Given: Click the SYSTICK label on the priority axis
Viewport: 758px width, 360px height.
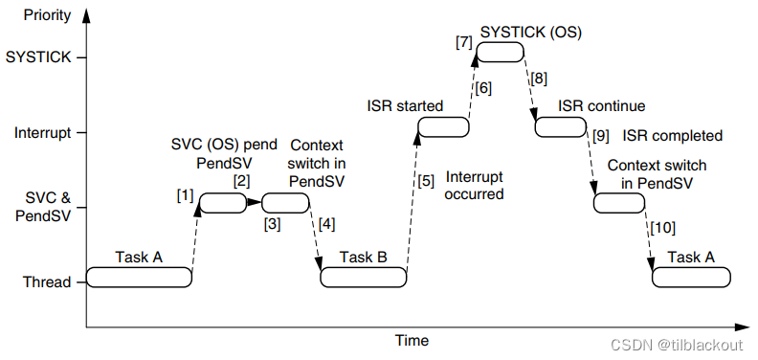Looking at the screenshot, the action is [37, 57].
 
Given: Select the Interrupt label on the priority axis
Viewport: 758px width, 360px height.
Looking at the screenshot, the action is [43, 132].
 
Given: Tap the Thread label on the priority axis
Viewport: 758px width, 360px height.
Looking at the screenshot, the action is [47, 281].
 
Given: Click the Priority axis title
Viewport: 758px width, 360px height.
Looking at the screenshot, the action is [46, 15].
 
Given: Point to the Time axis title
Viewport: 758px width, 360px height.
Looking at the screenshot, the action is [412, 340].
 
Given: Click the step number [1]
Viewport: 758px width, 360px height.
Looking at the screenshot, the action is [185, 196].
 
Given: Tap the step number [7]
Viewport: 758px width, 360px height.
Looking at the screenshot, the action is [463, 42].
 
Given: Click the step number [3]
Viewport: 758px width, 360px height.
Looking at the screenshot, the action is [272, 224].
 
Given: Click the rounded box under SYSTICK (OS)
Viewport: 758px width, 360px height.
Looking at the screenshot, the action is [501, 52].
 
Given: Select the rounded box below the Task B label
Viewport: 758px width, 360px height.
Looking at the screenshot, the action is [364, 277].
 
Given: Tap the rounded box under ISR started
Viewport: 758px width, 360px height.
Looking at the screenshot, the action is [443, 126].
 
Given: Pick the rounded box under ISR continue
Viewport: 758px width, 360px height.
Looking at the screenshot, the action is [560, 126].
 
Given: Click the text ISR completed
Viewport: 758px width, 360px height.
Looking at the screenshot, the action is [673, 136].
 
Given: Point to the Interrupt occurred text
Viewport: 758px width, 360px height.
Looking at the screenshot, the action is [475, 186].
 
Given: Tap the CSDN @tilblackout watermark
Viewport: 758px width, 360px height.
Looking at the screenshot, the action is [676, 345].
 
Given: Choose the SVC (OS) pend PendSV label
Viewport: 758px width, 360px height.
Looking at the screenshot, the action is [225, 153].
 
